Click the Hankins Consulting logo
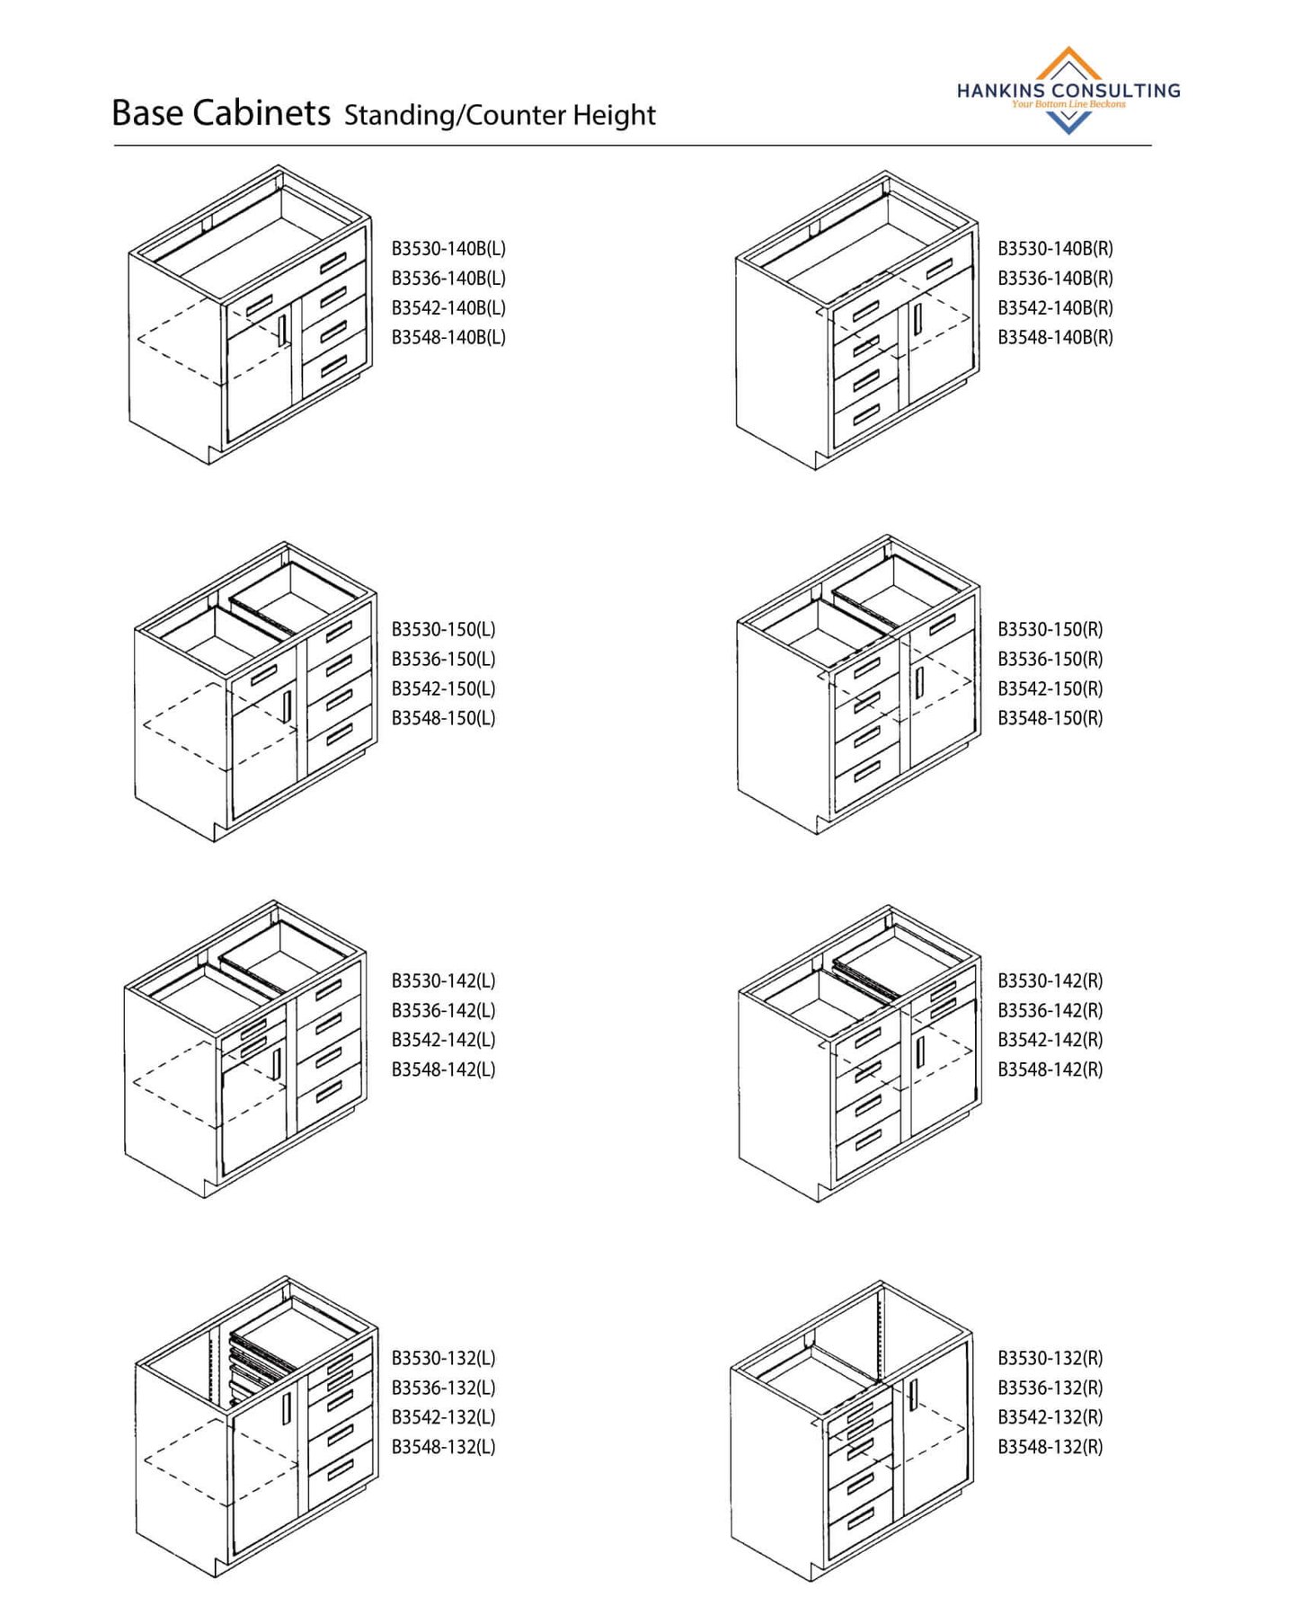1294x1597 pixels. point(1068,91)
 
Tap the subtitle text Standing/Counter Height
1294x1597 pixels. point(500,115)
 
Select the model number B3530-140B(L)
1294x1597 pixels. point(448,249)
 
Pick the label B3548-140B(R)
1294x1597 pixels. point(1055,337)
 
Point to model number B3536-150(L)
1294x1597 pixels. point(443,659)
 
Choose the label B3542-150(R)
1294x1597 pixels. point(1050,688)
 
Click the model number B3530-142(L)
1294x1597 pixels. point(443,980)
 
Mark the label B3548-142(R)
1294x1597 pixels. point(1050,1069)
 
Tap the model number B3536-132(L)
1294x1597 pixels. point(443,1388)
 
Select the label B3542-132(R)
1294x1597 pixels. point(1050,1417)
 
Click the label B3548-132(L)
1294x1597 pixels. point(443,1447)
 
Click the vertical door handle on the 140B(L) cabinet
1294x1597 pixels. point(283,329)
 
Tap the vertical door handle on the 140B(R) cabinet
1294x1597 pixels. point(917,319)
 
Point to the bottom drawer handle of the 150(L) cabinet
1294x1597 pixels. point(340,736)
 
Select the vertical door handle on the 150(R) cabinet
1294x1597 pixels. point(919,682)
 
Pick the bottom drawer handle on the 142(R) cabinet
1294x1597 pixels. point(868,1140)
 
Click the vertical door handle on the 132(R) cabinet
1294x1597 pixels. point(912,1394)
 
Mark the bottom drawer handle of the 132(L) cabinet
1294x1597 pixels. point(340,1470)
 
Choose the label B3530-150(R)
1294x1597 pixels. point(1050,629)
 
